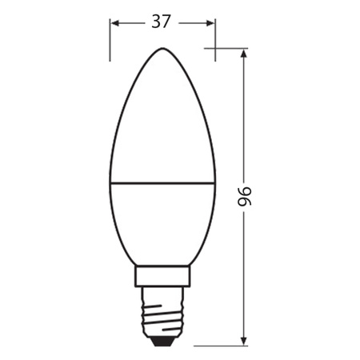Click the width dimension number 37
(162, 22)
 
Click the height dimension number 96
(245, 196)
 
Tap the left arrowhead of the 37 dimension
(114, 23)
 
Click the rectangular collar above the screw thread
(162, 277)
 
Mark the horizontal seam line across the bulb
(162, 182)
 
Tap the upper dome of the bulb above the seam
(162, 120)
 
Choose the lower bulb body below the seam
(162, 224)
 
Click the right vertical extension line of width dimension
(215, 40)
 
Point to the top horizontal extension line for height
(228, 49)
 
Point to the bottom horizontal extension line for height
(224, 346)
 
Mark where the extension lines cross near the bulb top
(215, 49)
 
